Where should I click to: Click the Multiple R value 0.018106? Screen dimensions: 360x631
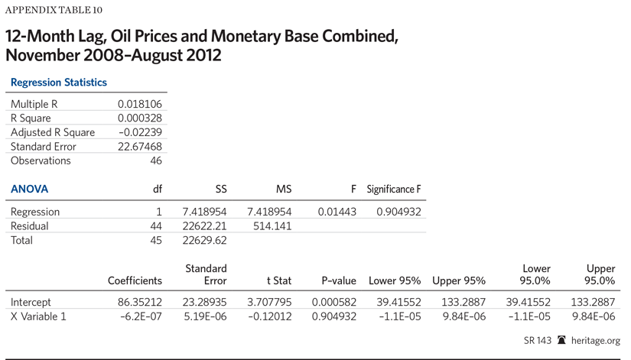139,104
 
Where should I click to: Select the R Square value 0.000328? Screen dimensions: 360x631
139,118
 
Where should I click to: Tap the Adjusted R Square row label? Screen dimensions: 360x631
53,132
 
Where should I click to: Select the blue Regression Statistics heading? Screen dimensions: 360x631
58,83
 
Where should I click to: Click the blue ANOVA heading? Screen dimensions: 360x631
29,189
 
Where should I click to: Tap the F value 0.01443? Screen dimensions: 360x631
337,212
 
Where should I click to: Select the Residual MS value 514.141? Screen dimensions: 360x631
271,225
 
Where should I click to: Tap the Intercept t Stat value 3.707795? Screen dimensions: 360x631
268,302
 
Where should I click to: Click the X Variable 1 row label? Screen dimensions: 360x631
38,316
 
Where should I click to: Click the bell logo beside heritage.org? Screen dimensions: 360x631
562,340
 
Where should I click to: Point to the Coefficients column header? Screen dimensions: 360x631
135,281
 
